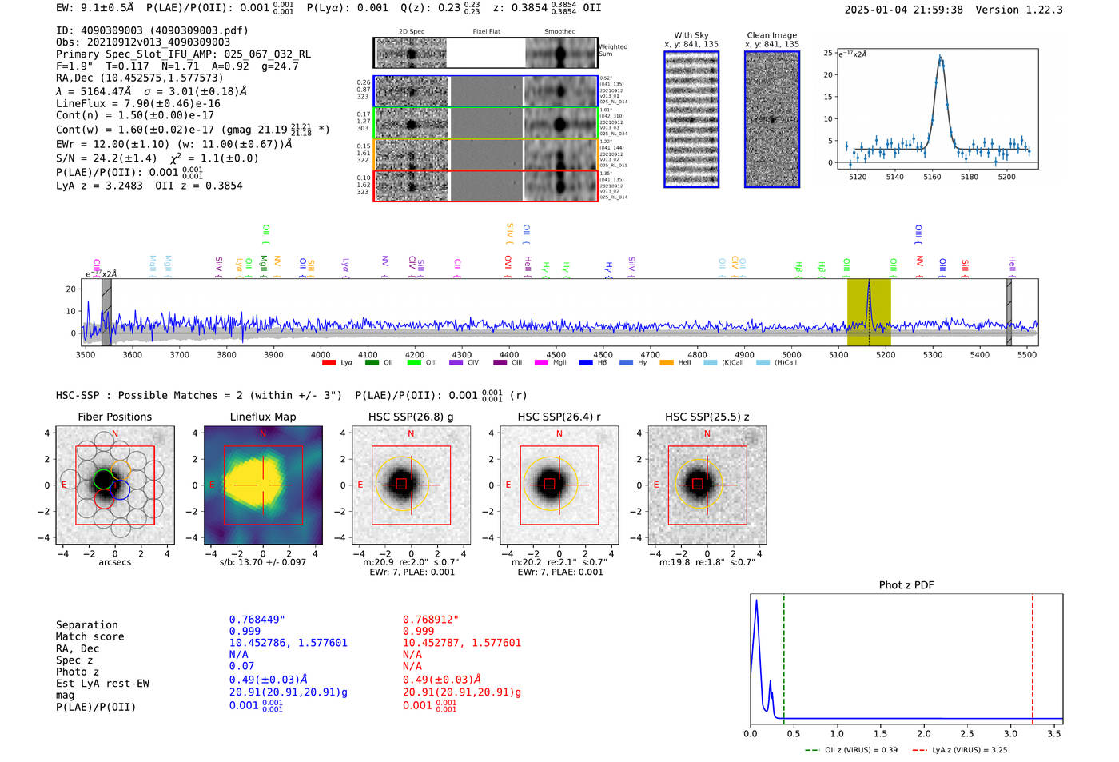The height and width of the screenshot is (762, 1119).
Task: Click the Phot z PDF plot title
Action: tap(906, 584)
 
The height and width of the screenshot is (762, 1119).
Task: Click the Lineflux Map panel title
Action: tap(262, 417)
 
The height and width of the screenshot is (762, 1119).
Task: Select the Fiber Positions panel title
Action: tap(114, 417)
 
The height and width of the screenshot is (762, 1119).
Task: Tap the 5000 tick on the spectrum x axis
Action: tap(791, 354)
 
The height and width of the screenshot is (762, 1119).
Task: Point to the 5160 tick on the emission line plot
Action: tap(932, 177)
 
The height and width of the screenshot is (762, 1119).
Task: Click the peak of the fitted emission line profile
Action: tap(940, 57)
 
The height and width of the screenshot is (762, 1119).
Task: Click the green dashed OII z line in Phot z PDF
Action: tap(784, 656)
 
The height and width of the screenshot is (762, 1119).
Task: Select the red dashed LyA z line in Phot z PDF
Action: tap(1032, 656)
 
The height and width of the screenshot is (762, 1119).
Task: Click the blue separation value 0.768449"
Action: tap(257, 620)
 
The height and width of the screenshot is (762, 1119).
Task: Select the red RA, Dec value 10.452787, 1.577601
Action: tap(461, 643)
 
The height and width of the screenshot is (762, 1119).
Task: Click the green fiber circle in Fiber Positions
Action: tap(103, 479)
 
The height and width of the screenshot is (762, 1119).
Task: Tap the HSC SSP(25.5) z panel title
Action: tap(707, 417)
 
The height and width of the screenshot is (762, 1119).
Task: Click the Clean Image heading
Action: tap(771, 35)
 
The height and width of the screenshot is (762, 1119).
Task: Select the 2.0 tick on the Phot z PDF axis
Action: tap(923, 733)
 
